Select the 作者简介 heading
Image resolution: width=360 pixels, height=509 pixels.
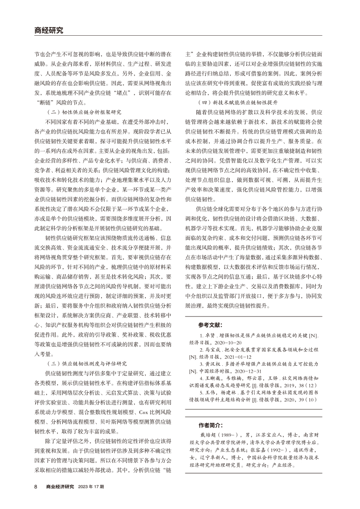(210, 425)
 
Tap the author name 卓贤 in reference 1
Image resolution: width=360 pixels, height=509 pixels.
(210, 336)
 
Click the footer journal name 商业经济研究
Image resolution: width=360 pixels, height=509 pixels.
(61, 486)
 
